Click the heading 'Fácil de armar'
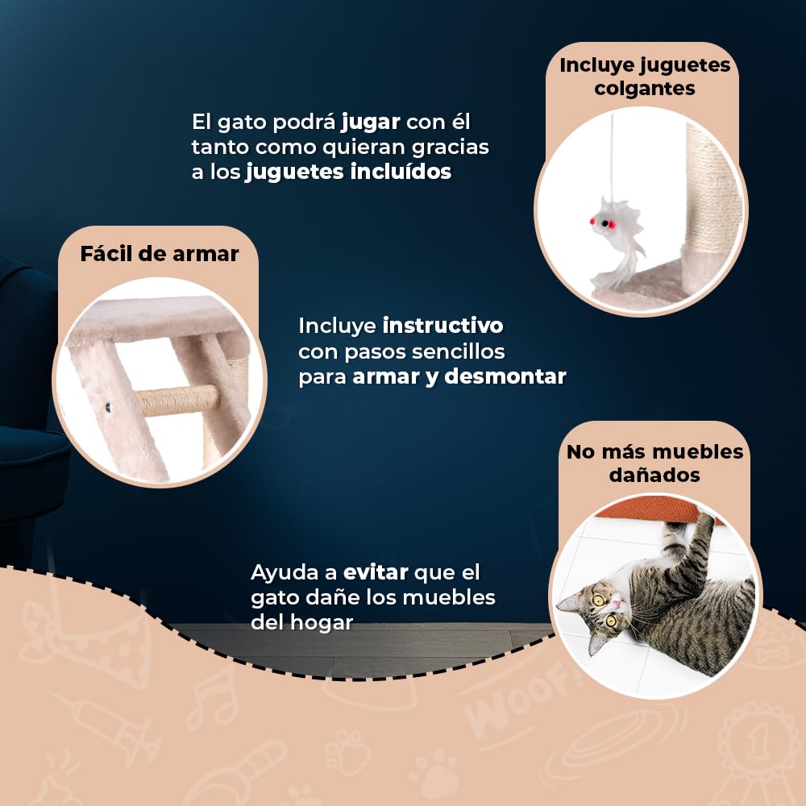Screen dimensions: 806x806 click(x=159, y=254)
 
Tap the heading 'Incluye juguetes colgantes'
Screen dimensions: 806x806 click(x=645, y=76)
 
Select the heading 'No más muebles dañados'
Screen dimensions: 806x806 click(x=654, y=463)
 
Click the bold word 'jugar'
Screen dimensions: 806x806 click(x=371, y=123)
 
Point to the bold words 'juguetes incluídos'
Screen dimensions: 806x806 click(x=348, y=172)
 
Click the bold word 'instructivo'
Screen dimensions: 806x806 click(x=442, y=326)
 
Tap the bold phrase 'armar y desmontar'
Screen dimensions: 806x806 click(x=459, y=376)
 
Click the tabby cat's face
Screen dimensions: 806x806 click(x=600, y=609)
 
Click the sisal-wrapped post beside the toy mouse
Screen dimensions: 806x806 click(x=705, y=201)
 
